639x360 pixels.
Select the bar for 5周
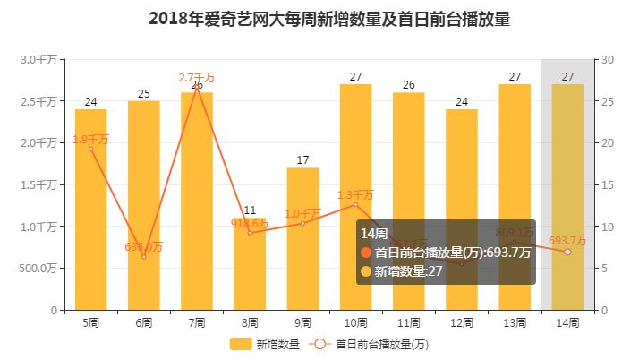(x=90, y=210)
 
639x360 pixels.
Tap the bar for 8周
(x=250, y=269)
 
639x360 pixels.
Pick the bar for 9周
(x=302, y=239)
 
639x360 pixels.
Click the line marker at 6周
(x=144, y=257)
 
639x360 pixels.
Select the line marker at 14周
(x=567, y=252)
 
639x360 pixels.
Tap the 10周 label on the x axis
(x=355, y=321)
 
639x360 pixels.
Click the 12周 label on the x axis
(x=462, y=321)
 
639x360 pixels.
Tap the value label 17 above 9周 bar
(x=302, y=160)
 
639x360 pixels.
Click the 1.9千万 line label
(x=90, y=139)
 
